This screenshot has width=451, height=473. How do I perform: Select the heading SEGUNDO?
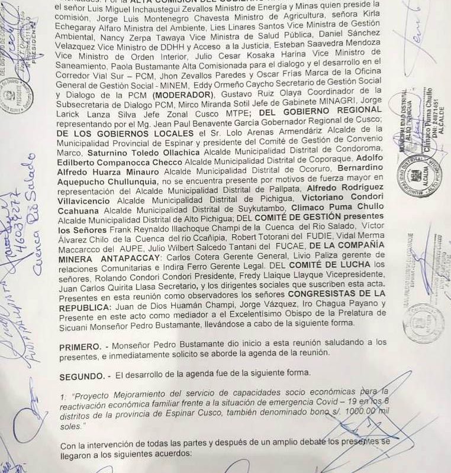85,374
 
